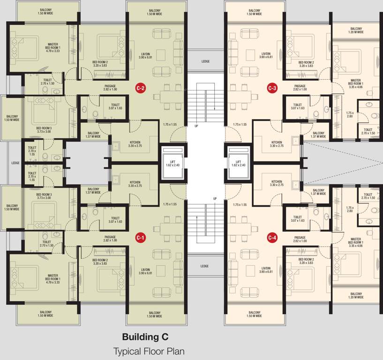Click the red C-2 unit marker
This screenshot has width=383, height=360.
click(141, 88)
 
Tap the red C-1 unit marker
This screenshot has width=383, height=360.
click(141, 238)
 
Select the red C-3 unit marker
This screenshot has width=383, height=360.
click(272, 88)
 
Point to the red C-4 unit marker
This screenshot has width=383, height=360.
click(272, 238)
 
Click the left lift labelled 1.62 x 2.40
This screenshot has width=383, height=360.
click(173, 163)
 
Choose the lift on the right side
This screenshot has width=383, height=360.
click(239, 163)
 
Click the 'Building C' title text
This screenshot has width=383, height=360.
click(145, 337)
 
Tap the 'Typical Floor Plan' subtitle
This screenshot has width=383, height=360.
click(149, 352)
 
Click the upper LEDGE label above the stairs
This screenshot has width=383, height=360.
click(205, 61)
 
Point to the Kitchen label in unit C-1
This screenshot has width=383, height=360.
click(135, 184)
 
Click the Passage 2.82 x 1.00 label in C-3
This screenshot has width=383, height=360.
click(300, 88)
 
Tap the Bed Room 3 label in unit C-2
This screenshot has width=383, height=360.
click(44, 130)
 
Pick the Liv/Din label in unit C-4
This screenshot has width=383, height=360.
click(266, 270)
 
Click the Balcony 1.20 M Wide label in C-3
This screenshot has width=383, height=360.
click(356, 30)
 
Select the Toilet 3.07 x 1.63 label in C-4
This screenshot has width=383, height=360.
click(298, 218)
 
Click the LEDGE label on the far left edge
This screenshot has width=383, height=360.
click(15, 163)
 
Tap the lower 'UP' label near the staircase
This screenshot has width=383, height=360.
click(215, 199)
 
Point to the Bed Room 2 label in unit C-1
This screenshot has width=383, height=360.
click(100, 262)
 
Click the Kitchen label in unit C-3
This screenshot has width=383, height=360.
click(277, 144)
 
